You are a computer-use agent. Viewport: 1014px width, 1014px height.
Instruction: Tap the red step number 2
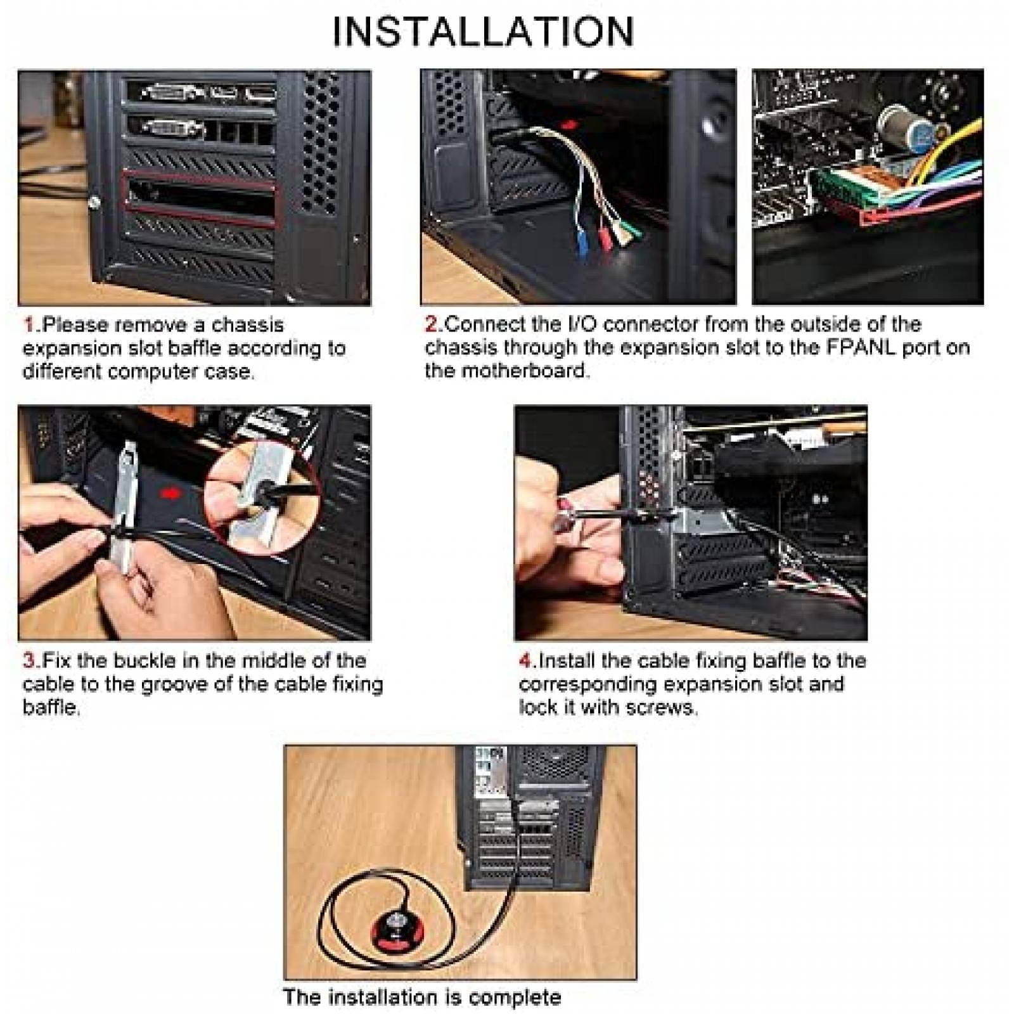pyautogui.click(x=431, y=324)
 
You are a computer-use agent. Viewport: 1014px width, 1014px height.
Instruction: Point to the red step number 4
pyautogui.click(x=526, y=661)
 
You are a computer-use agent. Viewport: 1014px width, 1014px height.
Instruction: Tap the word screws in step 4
pyautogui.click(x=667, y=707)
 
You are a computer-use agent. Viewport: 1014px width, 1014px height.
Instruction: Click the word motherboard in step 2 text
pyautogui.click(x=528, y=371)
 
